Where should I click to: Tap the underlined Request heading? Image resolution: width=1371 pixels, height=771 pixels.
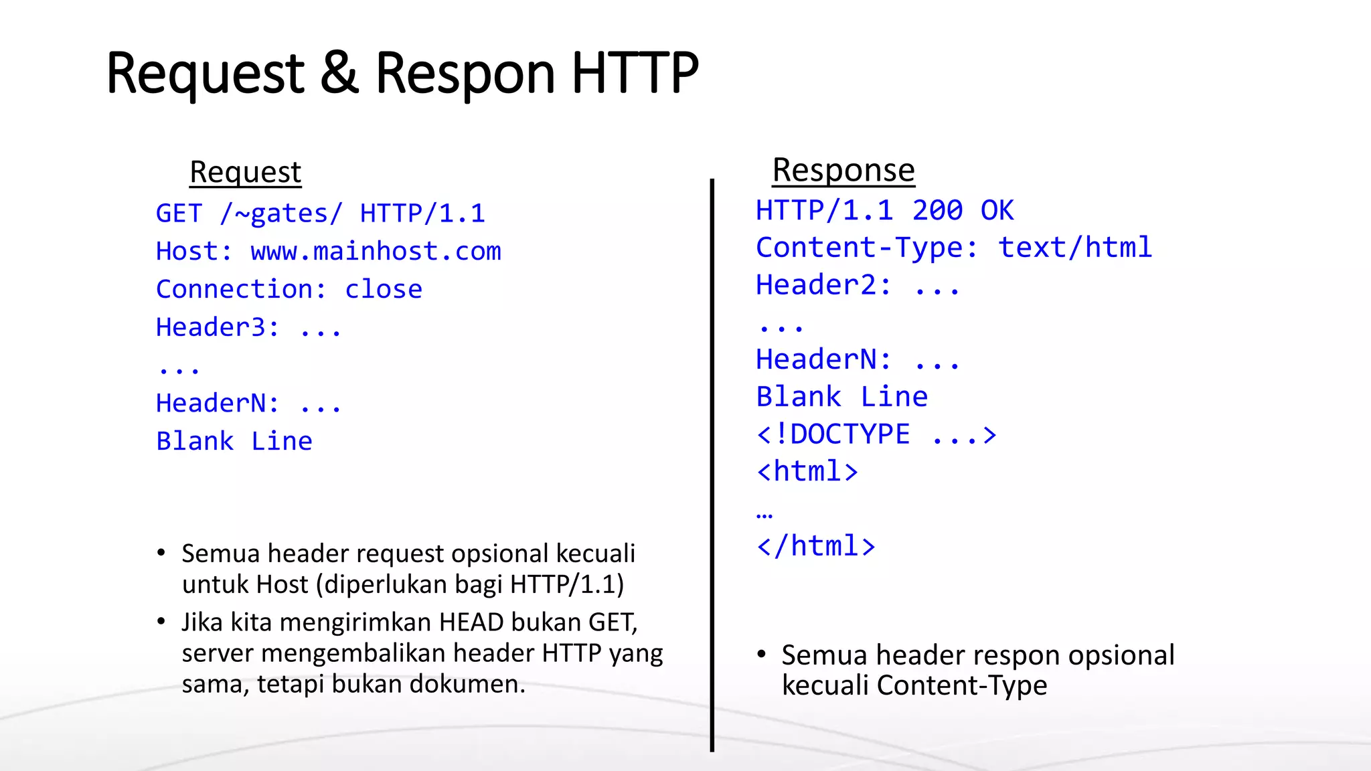(246, 172)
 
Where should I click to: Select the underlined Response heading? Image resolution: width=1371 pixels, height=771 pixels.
(843, 170)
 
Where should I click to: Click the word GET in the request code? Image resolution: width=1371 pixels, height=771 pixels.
(179, 213)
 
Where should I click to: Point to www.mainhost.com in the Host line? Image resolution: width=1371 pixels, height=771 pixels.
(376, 252)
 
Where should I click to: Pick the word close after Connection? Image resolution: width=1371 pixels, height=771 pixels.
(384, 289)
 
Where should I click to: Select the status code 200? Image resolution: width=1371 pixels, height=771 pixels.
(937, 211)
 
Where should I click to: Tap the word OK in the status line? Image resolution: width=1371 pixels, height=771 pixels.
(997, 211)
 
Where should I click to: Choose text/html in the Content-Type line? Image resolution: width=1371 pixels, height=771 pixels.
(1075, 248)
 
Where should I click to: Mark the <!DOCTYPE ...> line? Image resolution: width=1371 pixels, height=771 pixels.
(876, 434)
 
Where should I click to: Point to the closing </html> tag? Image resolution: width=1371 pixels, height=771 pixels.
(815, 546)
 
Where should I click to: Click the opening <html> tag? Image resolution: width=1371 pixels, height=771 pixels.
(807, 472)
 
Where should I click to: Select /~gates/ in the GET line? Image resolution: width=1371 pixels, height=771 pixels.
(281, 213)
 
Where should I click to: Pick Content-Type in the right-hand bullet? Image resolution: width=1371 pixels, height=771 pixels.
(961, 685)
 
